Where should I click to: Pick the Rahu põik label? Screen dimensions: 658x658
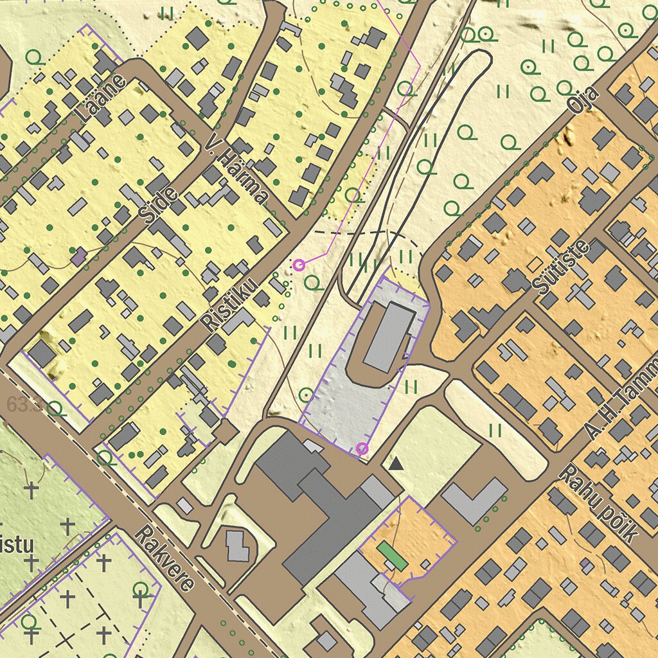[598, 505]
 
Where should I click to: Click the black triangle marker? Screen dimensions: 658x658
[396, 462]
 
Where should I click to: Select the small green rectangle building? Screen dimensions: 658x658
[392, 555]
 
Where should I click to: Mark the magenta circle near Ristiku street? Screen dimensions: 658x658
[299, 264]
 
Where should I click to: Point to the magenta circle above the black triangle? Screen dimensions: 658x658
[362, 448]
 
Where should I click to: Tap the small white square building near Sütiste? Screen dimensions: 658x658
[535, 264]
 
